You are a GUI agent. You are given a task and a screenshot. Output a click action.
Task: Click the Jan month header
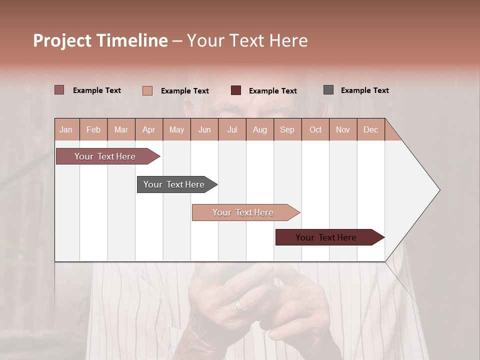66,130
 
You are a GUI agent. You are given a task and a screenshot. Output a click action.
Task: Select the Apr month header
148,130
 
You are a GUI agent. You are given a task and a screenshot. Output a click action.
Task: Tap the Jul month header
232,130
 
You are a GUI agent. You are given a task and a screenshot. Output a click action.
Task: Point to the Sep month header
287,130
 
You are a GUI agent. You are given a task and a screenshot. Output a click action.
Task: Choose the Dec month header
370,130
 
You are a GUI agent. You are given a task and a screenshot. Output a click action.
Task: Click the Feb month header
93,130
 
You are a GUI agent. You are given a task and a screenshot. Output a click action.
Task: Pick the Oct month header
315,130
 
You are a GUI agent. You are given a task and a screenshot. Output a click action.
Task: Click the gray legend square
328,90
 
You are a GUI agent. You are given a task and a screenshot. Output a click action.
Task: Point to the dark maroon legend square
236,90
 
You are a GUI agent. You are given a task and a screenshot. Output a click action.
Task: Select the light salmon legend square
147,90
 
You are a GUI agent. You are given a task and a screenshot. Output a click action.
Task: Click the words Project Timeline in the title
100,40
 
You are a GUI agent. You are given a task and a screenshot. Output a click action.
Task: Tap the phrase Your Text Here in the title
247,40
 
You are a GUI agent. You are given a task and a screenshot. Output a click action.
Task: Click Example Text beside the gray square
364,90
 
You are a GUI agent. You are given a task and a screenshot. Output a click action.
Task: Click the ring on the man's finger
239,304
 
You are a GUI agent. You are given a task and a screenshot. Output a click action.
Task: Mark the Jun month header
204,130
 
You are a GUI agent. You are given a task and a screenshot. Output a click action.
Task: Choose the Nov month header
343,130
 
